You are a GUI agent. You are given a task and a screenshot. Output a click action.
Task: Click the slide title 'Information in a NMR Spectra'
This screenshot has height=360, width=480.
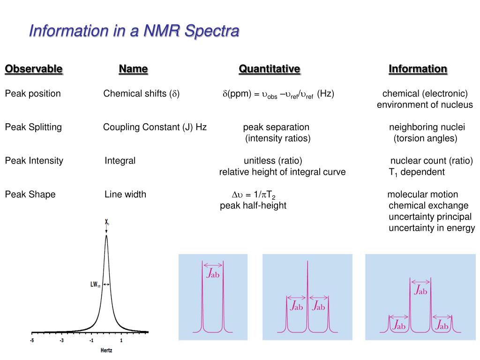(x=134, y=31)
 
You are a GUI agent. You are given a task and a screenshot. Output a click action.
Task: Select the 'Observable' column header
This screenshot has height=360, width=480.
(x=34, y=69)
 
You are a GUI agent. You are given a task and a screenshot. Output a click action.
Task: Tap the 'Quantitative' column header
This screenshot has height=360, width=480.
(x=270, y=69)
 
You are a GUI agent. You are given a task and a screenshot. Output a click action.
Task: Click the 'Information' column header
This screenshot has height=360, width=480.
(x=418, y=69)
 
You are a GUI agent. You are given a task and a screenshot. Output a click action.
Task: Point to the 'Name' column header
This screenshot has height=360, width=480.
(x=134, y=69)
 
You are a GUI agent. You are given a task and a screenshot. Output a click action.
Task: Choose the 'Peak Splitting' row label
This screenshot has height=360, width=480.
(x=33, y=127)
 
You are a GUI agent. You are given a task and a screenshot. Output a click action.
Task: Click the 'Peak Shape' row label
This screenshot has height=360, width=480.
(x=30, y=195)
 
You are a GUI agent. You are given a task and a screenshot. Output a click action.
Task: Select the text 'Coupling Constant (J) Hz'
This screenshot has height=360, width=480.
(x=155, y=127)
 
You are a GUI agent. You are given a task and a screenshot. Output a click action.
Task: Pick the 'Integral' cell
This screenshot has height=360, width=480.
(x=120, y=161)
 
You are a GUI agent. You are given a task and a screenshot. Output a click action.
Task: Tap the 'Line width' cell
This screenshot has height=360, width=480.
(x=125, y=195)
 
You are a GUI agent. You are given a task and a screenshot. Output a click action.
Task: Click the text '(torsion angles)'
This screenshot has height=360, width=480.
(x=425, y=138)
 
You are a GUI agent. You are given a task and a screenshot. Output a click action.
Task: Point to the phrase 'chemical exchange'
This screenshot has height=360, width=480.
(x=428, y=206)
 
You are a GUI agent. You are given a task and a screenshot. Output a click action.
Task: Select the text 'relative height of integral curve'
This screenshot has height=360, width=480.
(x=283, y=172)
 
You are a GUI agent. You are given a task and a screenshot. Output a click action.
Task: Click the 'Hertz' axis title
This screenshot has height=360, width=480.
(x=107, y=350)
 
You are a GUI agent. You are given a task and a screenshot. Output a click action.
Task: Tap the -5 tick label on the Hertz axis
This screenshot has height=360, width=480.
(x=32, y=341)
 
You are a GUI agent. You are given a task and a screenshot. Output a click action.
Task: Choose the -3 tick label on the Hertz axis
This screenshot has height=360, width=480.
(x=61, y=341)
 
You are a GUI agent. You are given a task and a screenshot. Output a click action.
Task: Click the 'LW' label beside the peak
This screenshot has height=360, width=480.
(x=95, y=284)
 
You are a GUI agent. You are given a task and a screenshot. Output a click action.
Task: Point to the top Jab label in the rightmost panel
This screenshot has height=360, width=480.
(x=421, y=290)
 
